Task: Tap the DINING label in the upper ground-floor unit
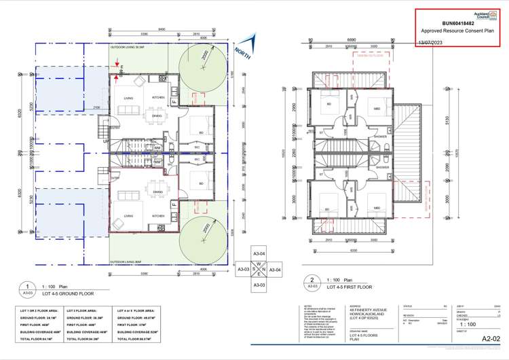(x=157, y=115)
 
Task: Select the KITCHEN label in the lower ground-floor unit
(x=158, y=216)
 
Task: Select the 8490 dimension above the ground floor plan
(x=161, y=29)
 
